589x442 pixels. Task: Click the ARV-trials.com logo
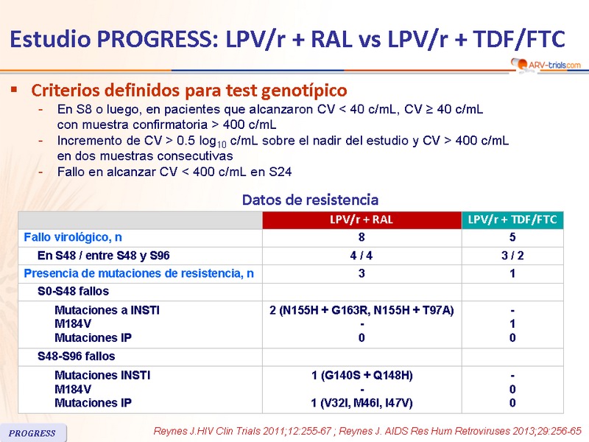546,65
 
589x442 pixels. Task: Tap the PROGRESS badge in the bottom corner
33,432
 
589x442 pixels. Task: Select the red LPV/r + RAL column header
361,220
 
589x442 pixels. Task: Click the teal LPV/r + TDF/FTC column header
512,220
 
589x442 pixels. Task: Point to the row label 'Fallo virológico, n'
73,237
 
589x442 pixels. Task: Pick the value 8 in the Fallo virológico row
361,237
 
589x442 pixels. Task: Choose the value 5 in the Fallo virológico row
512,237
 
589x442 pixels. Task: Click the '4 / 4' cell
361,256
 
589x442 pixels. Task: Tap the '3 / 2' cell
512,256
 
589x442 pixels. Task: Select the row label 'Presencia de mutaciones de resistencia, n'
138,273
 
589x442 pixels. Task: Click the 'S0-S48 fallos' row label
73,291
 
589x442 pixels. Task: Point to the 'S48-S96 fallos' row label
77,356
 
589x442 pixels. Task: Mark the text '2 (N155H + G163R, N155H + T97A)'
361,310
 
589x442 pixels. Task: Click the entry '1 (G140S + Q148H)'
362,376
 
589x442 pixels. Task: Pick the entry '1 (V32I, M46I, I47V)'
361,403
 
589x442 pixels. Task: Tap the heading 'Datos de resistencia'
310,200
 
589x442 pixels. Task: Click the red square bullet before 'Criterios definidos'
14,89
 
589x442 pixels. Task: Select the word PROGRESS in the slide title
158,39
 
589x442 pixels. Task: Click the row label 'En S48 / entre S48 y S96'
104,256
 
